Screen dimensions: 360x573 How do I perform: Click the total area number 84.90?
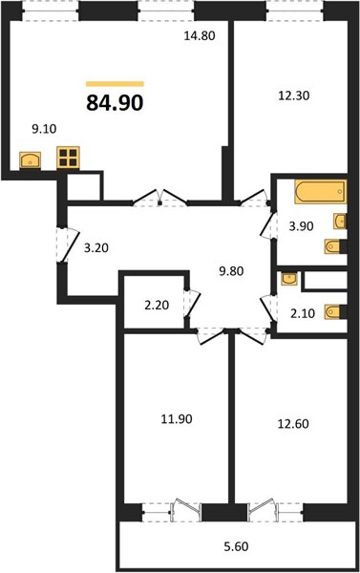tap(115, 103)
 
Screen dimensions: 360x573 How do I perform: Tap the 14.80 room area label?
tap(200, 36)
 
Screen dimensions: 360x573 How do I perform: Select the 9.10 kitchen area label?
tap(44, 129)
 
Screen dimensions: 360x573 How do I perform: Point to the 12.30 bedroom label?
tap(294, 95)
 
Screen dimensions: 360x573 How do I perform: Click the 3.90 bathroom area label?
tap(301, 226)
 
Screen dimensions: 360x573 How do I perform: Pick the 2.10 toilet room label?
tap(303, 313)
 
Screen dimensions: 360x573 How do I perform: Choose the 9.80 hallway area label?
tap(231, 271)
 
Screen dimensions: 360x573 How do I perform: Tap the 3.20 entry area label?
tap(96, 248)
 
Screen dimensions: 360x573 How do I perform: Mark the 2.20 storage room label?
tap(157, 306)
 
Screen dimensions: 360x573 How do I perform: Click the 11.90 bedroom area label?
tap(177, 419)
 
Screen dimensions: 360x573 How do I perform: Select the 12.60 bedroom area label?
tap(293, 424)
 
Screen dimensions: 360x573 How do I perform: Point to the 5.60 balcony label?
tap(236, 546)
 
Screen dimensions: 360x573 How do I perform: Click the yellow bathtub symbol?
tap(321, 191)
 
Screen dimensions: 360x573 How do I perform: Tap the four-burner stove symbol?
tap(69, 158)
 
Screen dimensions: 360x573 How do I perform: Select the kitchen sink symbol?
tap(30, 160)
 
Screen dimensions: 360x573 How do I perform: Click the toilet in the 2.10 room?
tap(332, 312)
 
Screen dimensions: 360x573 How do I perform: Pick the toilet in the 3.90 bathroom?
tap(332, 246)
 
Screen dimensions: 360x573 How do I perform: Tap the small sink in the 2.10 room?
tap(289, 279)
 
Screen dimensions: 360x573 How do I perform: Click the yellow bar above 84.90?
tap(115, 84)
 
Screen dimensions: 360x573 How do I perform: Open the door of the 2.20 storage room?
tap(193, 304)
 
